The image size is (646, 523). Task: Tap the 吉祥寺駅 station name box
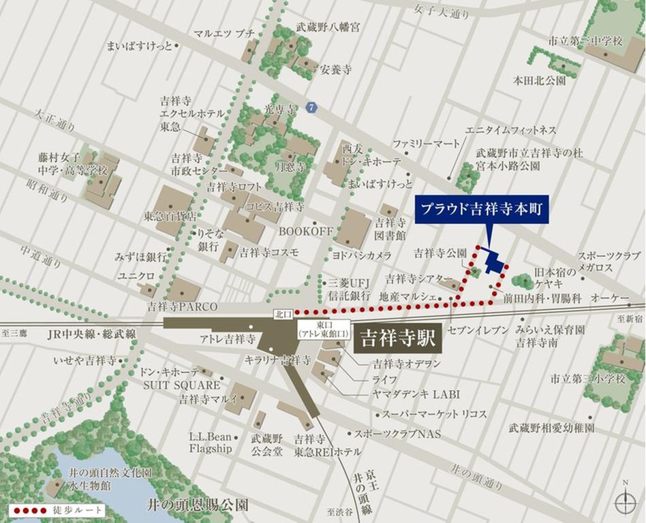[398, 337]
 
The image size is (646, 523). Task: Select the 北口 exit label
[282, 314]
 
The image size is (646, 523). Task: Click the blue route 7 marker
[311, 108]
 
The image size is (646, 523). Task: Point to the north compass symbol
[625, 503]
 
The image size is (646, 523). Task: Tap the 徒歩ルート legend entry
[57, 509]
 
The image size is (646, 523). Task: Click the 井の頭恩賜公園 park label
[198, 505]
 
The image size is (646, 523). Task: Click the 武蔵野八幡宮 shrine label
[328, 28]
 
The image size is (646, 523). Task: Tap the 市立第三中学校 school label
[587, 42]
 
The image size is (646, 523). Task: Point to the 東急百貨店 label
[170, 216]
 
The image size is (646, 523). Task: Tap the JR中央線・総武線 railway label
[92, 334]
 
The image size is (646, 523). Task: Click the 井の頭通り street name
[477, 475]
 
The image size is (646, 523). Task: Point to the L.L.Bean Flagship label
[211, 442]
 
